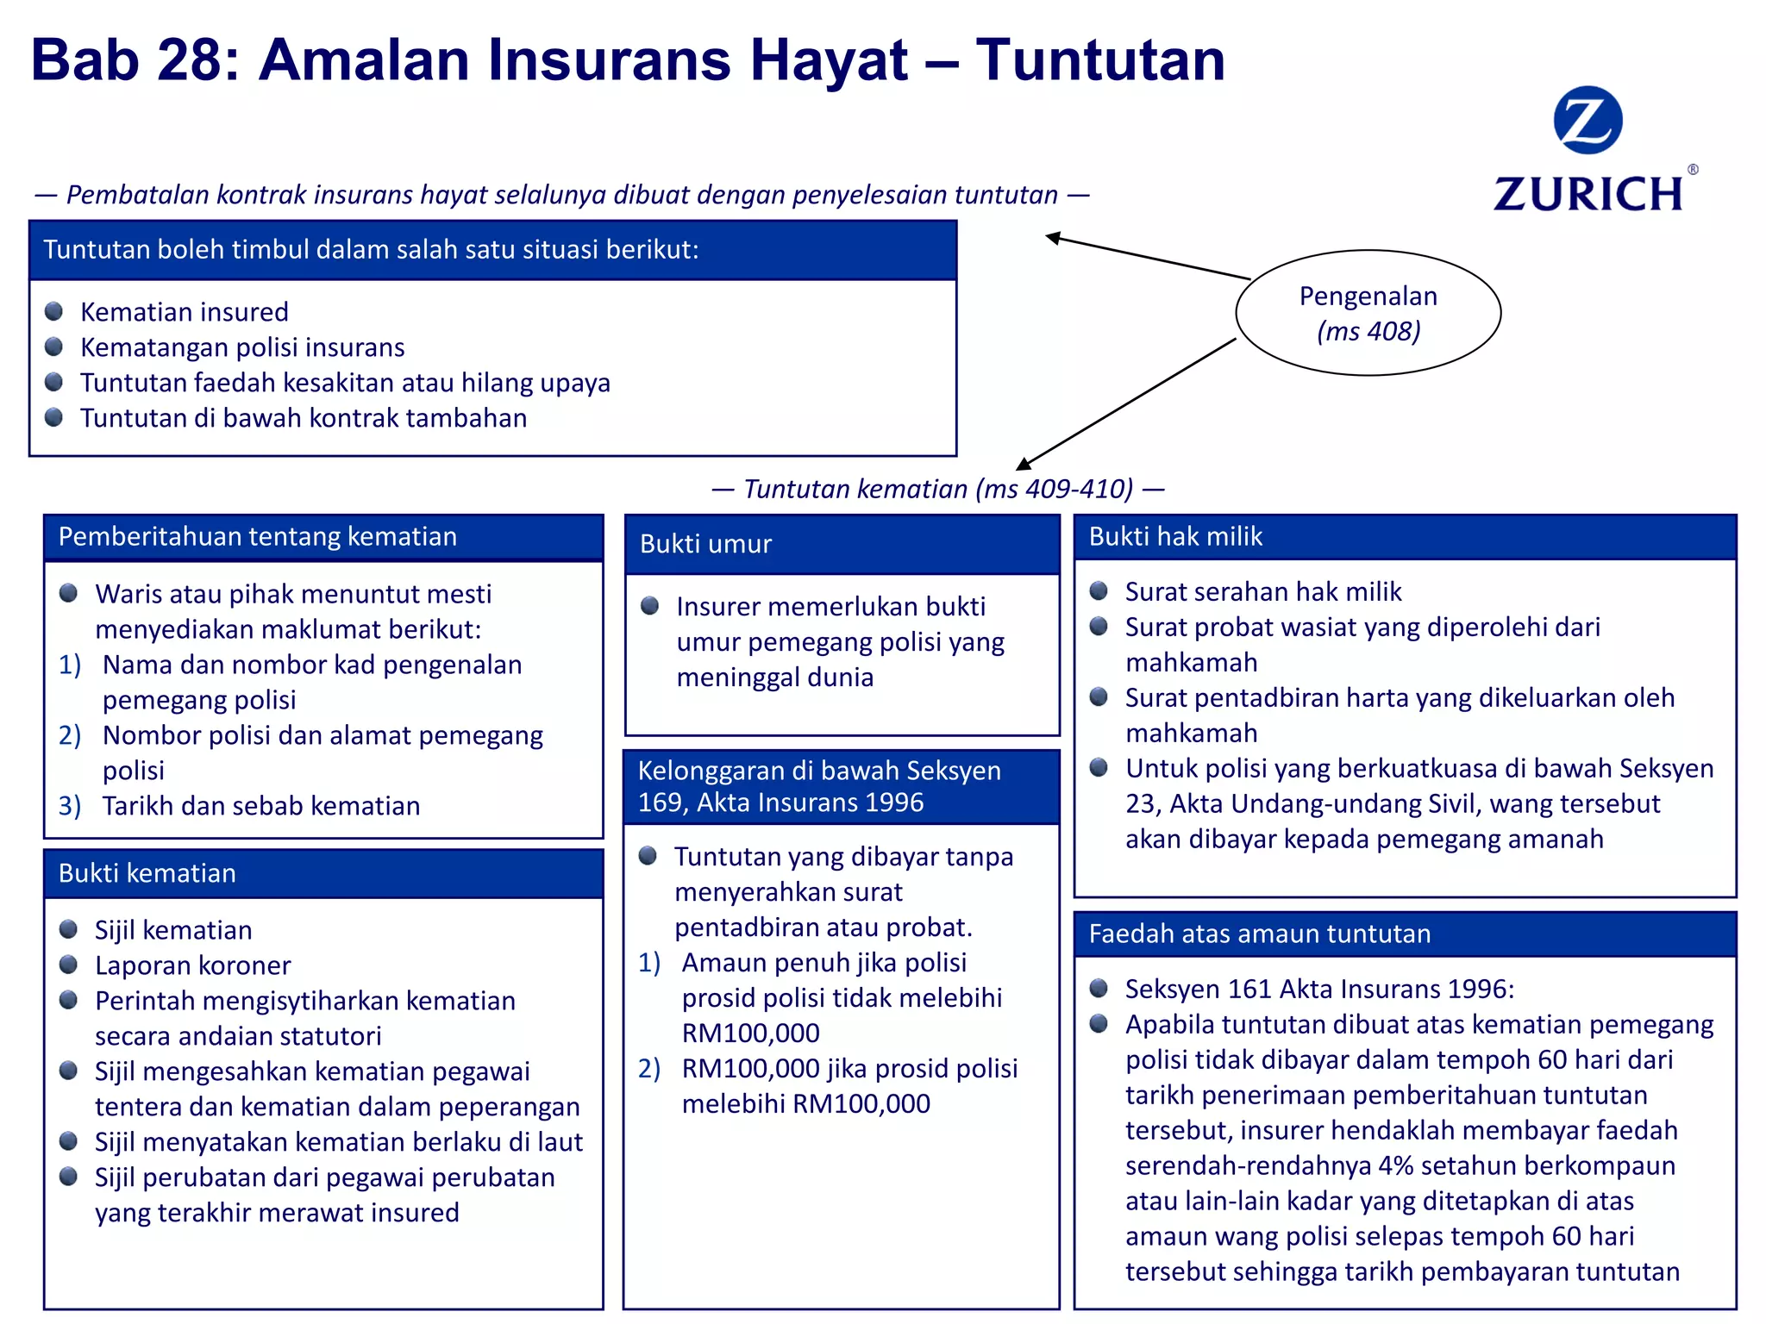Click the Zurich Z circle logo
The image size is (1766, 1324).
[x=1588, y=120]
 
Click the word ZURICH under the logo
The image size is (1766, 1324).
[x=1588, y=194]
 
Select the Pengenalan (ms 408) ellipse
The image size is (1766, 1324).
[x=1368, y=313]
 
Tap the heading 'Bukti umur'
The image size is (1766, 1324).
[x=705, y=544]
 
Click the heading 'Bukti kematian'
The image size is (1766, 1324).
[x=147, y=873]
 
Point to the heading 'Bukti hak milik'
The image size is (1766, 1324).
[x=1175, y=536]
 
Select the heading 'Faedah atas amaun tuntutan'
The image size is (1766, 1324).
[x=1259, y=934]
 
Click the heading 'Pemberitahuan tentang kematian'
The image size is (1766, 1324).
[x=258, y=536]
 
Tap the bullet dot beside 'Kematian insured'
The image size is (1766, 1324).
[x=54, y=311]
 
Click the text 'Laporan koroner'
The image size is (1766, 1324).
[x=193, y=965]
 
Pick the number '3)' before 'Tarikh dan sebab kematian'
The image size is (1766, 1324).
[x=70, y=806]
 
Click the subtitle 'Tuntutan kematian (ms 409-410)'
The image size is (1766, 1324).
[x=938, y=489]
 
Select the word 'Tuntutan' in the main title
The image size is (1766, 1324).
[x=1100, y=60]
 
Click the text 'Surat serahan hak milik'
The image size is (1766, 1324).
[x=1263, y=591]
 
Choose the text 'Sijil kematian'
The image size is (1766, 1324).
[x=173, y=930]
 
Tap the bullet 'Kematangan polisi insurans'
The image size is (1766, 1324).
[x=242, y=347]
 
